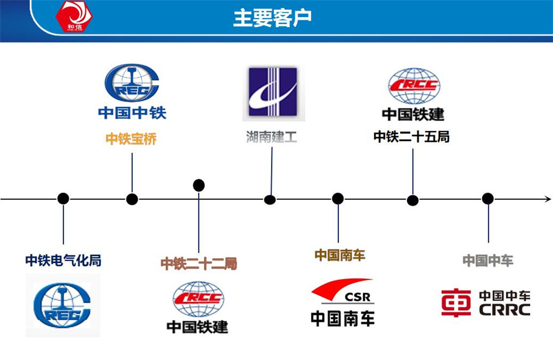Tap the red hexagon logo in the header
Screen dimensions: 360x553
[74, 15]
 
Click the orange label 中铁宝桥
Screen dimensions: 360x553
[131, 139]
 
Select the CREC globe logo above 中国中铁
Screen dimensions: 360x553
[132, 83]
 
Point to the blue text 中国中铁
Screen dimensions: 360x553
[132, 113]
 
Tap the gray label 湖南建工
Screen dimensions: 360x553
[272, 136]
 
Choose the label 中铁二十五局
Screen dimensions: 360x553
[412, 136]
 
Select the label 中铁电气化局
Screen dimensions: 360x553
[63, 260]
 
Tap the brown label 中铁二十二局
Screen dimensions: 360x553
[199, 264]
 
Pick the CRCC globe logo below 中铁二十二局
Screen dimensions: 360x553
[198, 299]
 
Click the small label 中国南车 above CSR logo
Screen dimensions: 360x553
[340, 255]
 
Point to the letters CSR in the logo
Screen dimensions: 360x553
[359, 297]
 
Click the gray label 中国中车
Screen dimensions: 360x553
[488, 260]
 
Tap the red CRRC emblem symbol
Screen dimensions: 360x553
[456, 303]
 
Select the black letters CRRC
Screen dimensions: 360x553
[504, 310]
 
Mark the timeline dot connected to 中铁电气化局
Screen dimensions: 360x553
[64, 199]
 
